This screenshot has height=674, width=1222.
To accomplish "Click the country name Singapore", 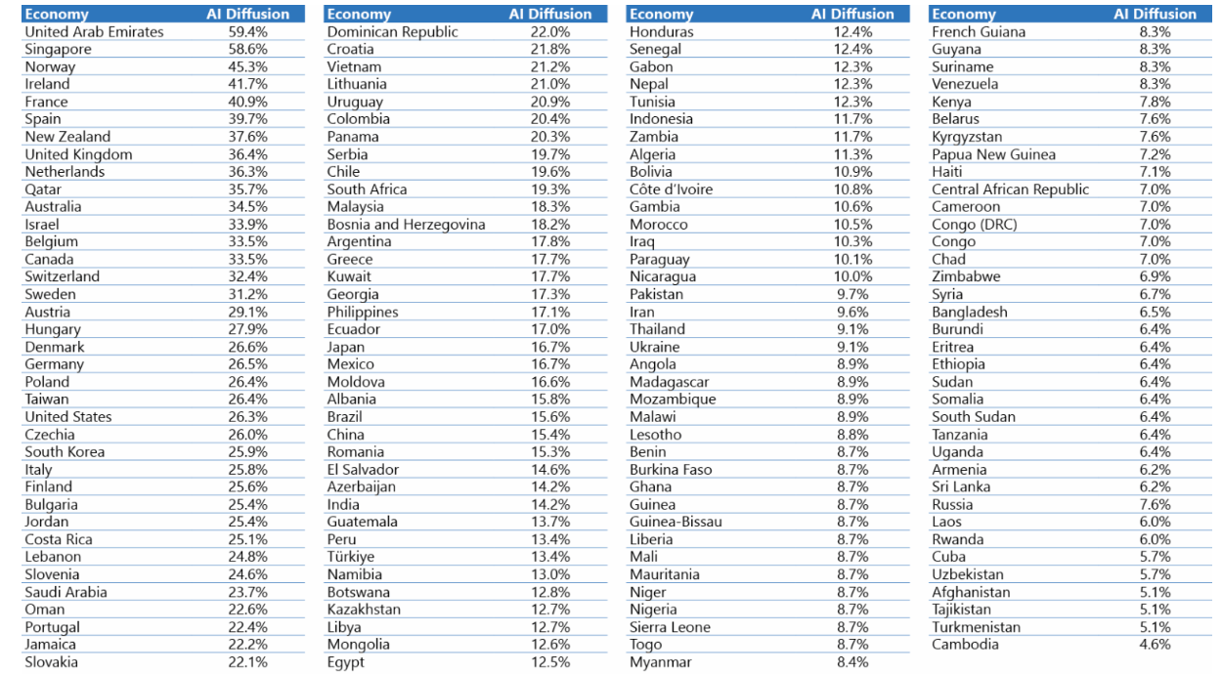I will point(58,49).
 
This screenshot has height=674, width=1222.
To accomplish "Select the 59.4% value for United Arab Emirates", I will point(247,32).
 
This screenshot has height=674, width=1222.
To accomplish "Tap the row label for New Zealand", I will point(67,137).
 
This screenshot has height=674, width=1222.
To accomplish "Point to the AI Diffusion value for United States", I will point(247,417).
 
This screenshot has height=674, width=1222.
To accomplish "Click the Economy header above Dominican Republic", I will point(359,15).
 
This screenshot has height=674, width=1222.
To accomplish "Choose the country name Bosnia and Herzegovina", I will point(406,225).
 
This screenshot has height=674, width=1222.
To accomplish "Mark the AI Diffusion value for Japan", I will point(550,347).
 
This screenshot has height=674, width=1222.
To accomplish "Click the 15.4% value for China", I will point(550,435).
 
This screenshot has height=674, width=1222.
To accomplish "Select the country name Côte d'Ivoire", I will point(671,190).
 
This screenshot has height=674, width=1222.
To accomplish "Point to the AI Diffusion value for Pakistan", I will point(853,294).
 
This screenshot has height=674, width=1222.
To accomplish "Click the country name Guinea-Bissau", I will point(676,522).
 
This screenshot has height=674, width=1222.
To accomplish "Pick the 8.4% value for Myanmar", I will point(853,662).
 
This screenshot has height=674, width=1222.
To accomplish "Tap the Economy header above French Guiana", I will point(964,15).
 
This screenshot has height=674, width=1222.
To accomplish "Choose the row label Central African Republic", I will point(1010,190).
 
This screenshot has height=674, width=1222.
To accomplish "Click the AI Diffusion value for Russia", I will point(1155,505).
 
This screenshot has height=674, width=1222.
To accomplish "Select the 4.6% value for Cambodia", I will point(1155,645).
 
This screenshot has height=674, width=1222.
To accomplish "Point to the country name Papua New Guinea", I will point(993,154).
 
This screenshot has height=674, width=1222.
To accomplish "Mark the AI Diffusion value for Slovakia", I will point(247,662).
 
